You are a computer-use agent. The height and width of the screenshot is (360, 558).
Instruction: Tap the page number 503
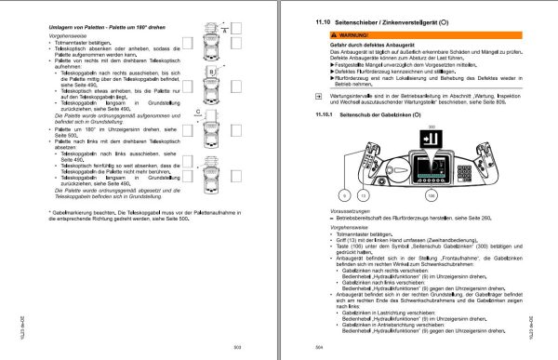(235, 345)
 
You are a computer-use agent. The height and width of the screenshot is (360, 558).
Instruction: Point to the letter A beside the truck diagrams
(227, 31)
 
